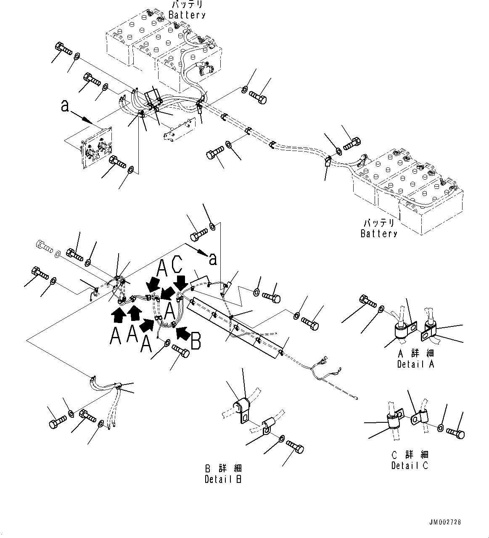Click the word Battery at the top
187,15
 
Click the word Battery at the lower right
379,233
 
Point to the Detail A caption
415,364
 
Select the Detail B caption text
223,479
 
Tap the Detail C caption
410,466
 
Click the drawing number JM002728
445,522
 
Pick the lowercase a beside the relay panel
64,106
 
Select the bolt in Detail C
456,432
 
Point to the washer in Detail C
440,428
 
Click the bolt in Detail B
295,447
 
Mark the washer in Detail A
380,310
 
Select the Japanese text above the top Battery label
187,5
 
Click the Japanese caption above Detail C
410,455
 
